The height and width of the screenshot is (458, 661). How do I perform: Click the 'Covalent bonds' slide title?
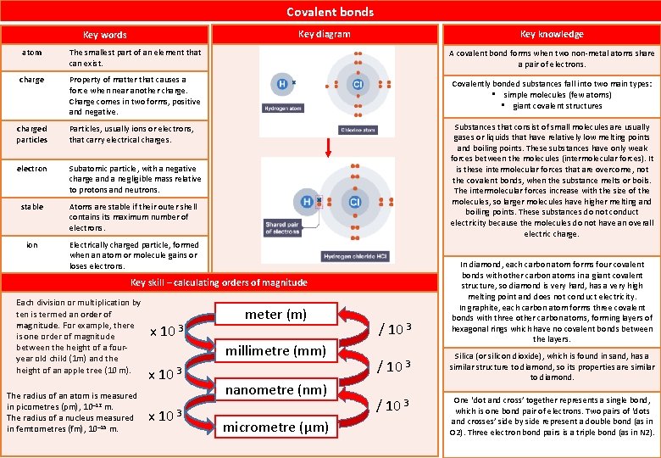(330, 12)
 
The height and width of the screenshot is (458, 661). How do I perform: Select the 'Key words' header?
(105, 35)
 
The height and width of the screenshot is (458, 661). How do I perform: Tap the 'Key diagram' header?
(325, 34)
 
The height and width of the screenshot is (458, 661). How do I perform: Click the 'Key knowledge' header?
(552, 34)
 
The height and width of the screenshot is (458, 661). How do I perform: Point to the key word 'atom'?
(31, 53)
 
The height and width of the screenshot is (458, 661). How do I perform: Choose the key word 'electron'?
(31, 169)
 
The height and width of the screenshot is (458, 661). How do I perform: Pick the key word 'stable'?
(31, 206)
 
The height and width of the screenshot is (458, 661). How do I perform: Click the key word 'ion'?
(31, 245)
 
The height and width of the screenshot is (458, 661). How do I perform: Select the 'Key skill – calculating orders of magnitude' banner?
(218, 282)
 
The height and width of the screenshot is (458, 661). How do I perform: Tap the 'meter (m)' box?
(275, 314)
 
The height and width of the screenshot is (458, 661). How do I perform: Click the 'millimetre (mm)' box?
(275, 351)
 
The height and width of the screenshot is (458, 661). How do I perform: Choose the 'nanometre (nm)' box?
(275, 389)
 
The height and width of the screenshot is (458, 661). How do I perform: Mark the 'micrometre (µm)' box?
(275, 427)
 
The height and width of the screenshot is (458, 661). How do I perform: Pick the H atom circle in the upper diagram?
(281, 85)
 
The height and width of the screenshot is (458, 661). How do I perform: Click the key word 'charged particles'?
(31, 133)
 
